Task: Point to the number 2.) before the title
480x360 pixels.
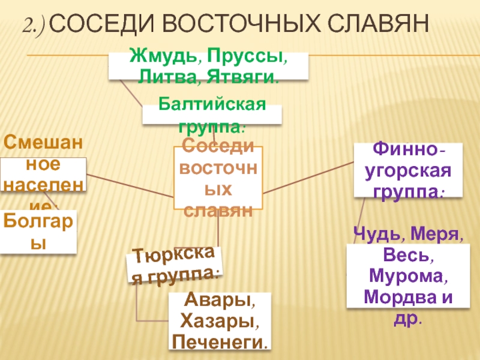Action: click(x=37, y=25)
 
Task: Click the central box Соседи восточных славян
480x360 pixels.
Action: click(x=218, y=178)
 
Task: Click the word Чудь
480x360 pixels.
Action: click(x=372, y=233)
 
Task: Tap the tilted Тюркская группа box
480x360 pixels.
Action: click(x=174, y=265)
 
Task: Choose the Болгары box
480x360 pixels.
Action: click(x=38, y=232)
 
